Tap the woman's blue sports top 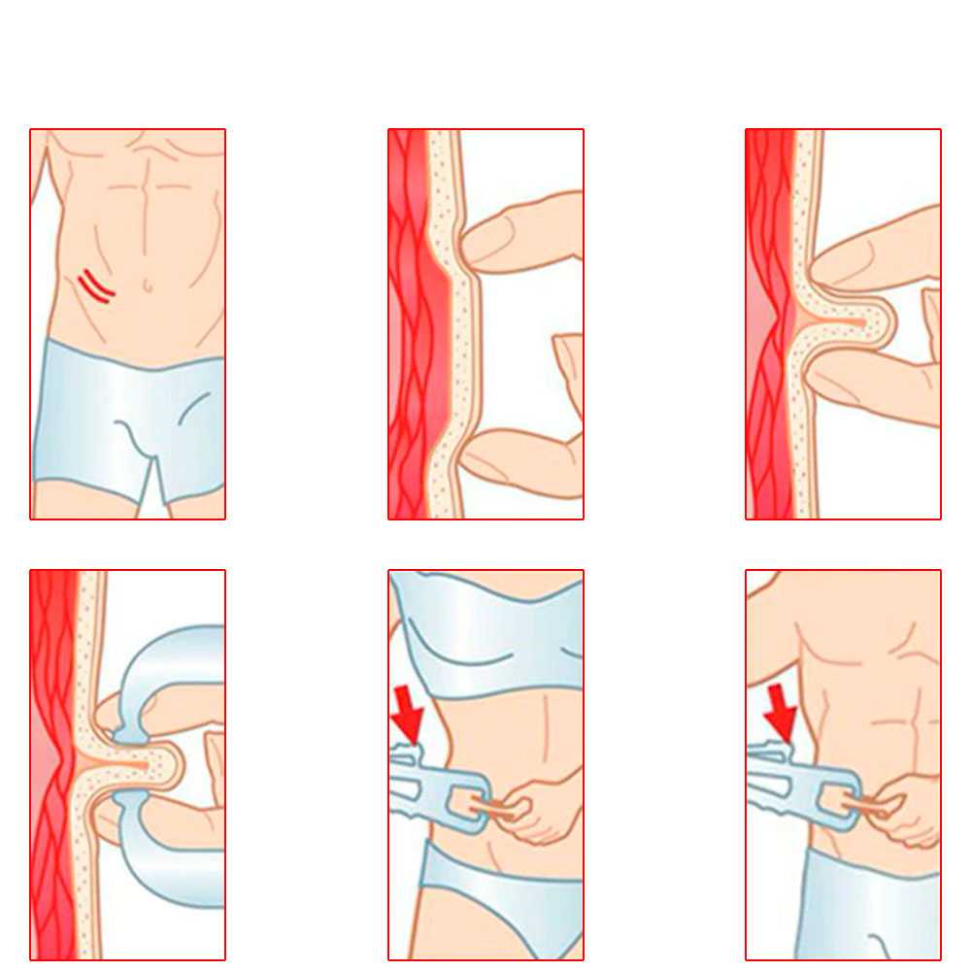tap(485, 631)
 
